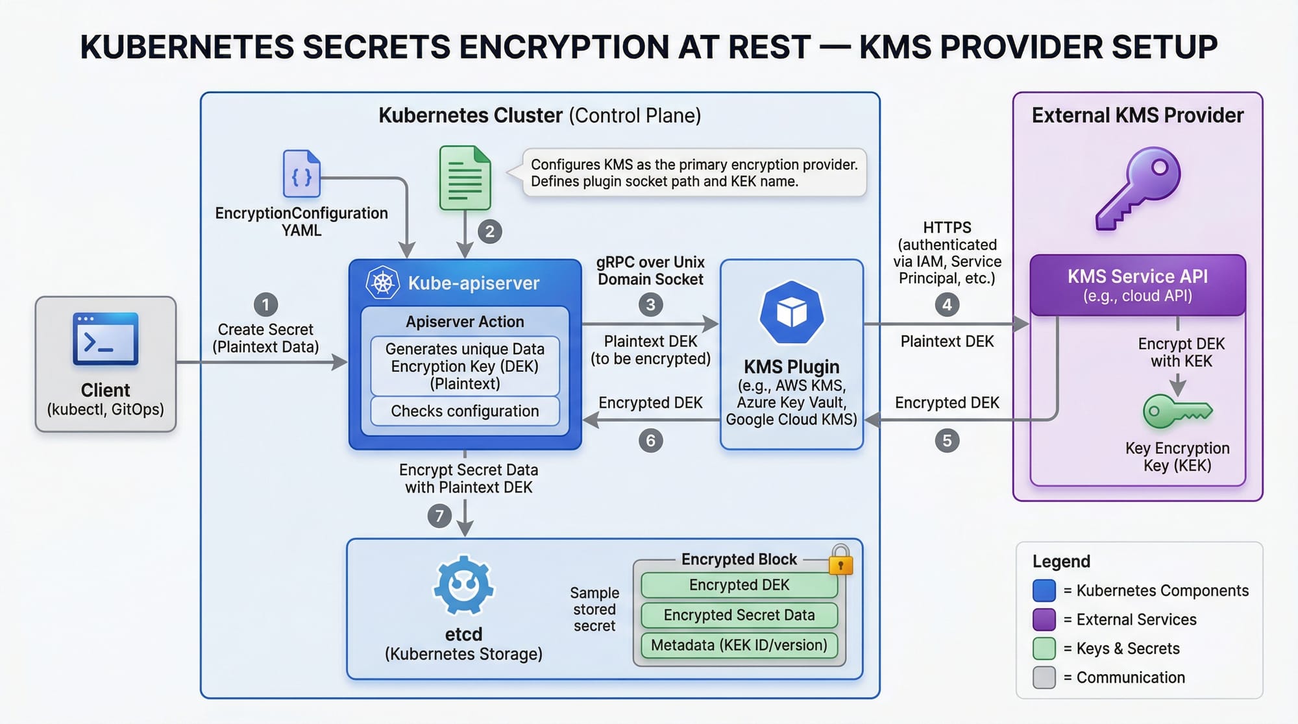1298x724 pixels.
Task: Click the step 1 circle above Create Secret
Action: (x=265, y=304)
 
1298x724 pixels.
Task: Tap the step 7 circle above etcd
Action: (x=439, y=516)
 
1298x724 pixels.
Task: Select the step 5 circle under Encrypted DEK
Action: (x=947, y=441)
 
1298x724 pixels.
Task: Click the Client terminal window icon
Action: (x=106, y=339)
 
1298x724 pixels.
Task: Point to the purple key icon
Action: (x=1138, y=188)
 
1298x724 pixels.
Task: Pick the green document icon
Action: (x=465, y=178)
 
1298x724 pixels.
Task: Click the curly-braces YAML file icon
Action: (x=302, y=174)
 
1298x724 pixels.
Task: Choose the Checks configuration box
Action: (x=465, y=411)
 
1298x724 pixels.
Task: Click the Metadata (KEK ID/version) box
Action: (x=739, y=646)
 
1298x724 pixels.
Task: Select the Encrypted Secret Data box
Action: (x=739, y=615)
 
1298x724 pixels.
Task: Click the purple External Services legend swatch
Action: (x=1044, y=620)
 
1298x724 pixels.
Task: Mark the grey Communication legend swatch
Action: (x=1044, y=677)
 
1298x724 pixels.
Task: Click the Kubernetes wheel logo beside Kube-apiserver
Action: (x=383, y=283)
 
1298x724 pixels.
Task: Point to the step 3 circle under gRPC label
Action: (x=650, y=304)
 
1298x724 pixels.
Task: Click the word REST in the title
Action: (x=769, y=47)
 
